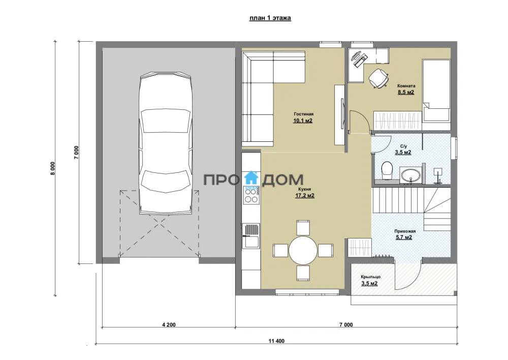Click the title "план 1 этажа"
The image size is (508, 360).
[270, 18]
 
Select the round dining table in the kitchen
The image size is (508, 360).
[303, 250]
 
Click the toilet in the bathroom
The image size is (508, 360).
[387, 170]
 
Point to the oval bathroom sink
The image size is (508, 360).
[411, 176]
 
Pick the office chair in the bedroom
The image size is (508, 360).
[378, 78]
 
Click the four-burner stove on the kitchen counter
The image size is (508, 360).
[251, 195]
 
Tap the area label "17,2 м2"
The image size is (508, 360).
[304, 196]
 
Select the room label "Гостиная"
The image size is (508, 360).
[304, 114]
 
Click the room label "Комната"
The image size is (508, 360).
[406, 86]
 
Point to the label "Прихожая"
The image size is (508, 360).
[405, 231]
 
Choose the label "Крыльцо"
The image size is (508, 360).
[371, 277]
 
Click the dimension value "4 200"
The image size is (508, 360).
[169, 324]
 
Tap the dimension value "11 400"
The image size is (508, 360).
[276, 341]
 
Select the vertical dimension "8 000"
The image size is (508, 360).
[53, 168]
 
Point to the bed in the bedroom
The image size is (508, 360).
[436, 91]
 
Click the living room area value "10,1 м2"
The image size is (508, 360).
[303, 121]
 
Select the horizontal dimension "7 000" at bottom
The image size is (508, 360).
[346, 324]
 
